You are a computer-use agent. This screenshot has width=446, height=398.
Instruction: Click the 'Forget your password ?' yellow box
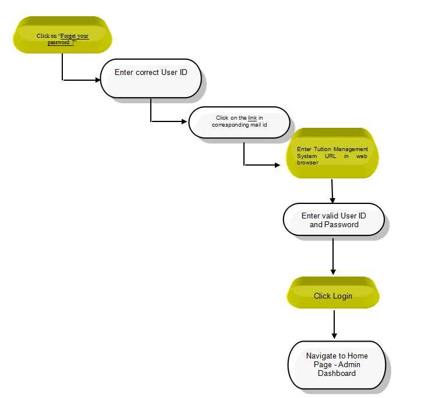[62, 35]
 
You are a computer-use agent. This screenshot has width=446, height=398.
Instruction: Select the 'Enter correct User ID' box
[151, 78]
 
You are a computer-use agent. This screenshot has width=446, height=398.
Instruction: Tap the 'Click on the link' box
[239, 123]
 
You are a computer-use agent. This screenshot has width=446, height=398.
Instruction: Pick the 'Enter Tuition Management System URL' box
[332, 153]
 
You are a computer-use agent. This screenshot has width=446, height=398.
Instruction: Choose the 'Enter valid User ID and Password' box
[334, 219]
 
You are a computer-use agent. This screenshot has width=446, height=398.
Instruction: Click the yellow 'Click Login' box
[333, 293]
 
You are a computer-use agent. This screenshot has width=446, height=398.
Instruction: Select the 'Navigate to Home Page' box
[337, 365]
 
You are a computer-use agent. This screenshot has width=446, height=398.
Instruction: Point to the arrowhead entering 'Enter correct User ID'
[98, 80]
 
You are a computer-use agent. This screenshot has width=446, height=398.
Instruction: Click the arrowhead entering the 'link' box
[185, 121]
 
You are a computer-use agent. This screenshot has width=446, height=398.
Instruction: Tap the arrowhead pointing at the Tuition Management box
[277, 165]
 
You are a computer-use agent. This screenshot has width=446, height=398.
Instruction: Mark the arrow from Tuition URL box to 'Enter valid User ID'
[332, 191]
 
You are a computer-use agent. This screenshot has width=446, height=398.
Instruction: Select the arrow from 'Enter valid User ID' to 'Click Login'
[333, 256]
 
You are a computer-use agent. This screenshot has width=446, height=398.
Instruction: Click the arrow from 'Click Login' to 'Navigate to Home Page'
[334, 324]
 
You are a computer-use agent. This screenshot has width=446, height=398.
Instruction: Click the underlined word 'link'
[252, 118]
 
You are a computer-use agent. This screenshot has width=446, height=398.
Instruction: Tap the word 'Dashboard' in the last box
[337, 373]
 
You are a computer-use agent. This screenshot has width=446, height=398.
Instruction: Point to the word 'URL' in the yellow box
[331, 156]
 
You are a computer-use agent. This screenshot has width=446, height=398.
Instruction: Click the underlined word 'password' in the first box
[59, 42]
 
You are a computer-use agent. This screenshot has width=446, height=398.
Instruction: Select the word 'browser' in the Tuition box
[307, 163]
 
